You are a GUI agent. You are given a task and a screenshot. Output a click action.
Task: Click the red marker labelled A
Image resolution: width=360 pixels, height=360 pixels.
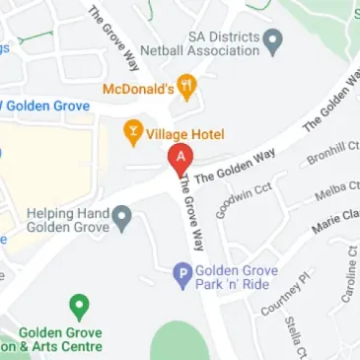(180, 158)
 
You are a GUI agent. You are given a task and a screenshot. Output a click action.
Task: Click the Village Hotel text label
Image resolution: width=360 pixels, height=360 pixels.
(185, 133)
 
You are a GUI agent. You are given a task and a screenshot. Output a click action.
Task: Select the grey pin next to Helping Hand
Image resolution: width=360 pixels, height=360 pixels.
(121, 214)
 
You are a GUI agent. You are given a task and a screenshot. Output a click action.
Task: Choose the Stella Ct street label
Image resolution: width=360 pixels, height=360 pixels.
(294, 335)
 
